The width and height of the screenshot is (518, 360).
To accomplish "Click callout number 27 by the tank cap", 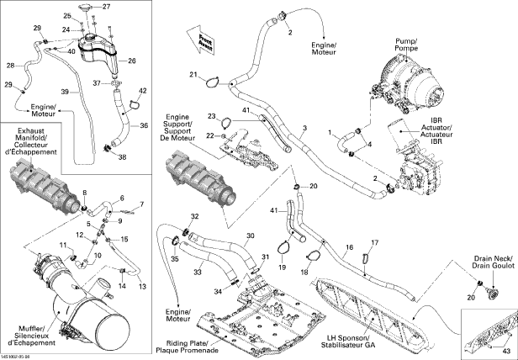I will coord(106,7).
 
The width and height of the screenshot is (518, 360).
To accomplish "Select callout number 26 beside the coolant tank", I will coord(131,61).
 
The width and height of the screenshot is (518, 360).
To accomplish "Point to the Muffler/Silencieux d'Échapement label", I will coord(32,336).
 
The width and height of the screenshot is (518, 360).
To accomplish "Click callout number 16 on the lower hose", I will coord(350,249).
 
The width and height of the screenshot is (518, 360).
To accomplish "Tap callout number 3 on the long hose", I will coord(304,128).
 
